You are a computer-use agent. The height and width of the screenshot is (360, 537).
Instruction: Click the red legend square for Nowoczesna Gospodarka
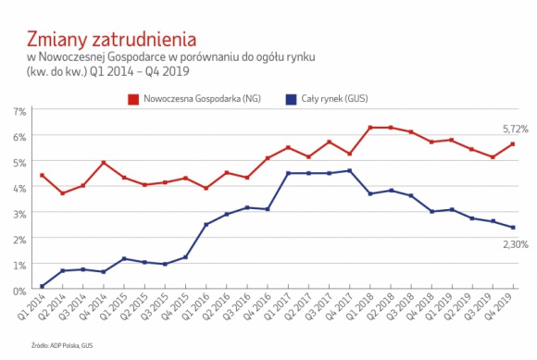click(133, 95)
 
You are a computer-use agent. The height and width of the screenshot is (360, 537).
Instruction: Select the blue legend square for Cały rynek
click(291, 95)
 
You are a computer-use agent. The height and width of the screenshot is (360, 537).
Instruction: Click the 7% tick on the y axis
click(20, 110)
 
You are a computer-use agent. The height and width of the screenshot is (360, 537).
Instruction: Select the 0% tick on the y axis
click(20, 291)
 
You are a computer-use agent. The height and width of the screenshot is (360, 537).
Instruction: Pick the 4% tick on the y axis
click(20, 188)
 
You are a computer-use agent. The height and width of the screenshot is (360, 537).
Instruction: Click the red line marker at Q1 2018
click(370, 128)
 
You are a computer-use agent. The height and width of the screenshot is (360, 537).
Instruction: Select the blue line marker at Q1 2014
click(43, 286)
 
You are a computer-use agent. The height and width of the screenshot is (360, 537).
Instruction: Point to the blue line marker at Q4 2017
click(349, 170)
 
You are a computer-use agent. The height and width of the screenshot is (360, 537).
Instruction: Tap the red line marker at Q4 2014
click(104, 163)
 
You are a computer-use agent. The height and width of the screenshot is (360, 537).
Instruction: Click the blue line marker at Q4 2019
click(513, 228)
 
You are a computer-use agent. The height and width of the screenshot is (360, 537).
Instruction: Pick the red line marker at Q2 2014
click(63, 193)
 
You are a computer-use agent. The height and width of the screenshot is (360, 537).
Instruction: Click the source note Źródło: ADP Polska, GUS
click(61, 344)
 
